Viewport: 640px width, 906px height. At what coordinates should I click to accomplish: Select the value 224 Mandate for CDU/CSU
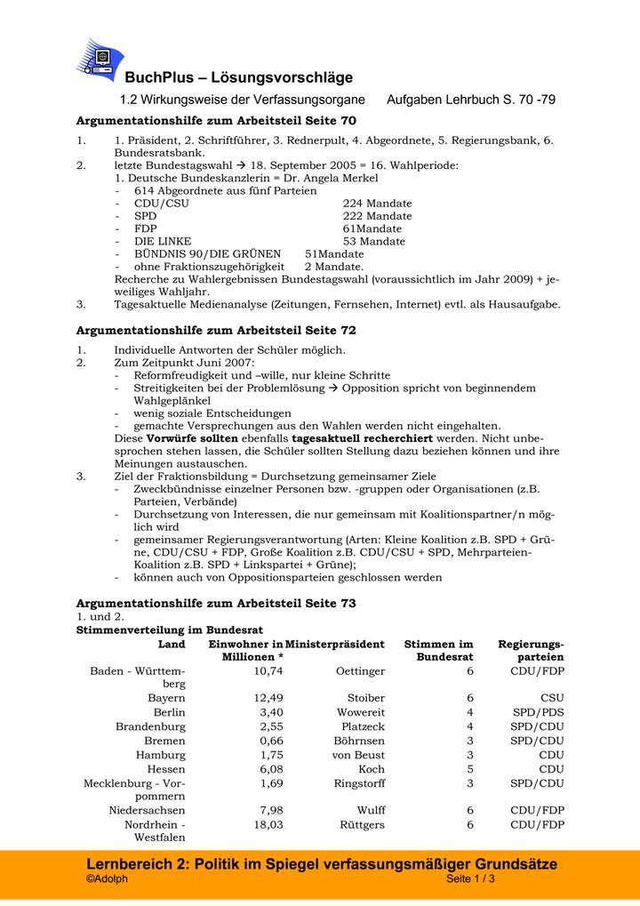pyautogui.click(x=377, y=204)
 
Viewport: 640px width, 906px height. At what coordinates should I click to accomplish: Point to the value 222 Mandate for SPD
pyautogui.click(x=377, y=216)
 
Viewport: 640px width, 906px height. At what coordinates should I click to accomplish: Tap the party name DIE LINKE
pyautogui.click(x=163, y=241)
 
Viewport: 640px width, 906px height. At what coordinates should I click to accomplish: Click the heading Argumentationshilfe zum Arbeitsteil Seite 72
pyautogui.click(x=216, y=330)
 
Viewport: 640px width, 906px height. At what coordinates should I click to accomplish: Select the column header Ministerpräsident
pyautogui.click(x=336, y=644)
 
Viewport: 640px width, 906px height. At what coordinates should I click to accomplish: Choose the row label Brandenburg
pyautogui.click(x=150, y=726)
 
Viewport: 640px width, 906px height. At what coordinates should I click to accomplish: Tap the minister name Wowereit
pyautogui.click(x=361, y=712)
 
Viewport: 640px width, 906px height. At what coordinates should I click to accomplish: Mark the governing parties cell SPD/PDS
pyautogui.click(x=539, y=712)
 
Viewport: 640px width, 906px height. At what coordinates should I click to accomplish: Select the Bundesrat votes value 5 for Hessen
pyautogui.click(x=470, y=769)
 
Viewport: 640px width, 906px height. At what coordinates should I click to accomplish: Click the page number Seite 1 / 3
pyautogui.click(x=470, y=879)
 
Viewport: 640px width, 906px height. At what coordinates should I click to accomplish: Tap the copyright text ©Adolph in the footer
pyautogui.click(x=107, y=879)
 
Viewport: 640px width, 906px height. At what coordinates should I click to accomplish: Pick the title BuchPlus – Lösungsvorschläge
pyautogui.click(x=238, y=77)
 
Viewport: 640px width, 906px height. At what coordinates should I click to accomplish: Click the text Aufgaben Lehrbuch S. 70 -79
pyautogui.click(x=471, y=100)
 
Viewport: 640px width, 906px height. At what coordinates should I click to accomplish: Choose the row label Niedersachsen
pyautogui.click(x=148, y=810)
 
